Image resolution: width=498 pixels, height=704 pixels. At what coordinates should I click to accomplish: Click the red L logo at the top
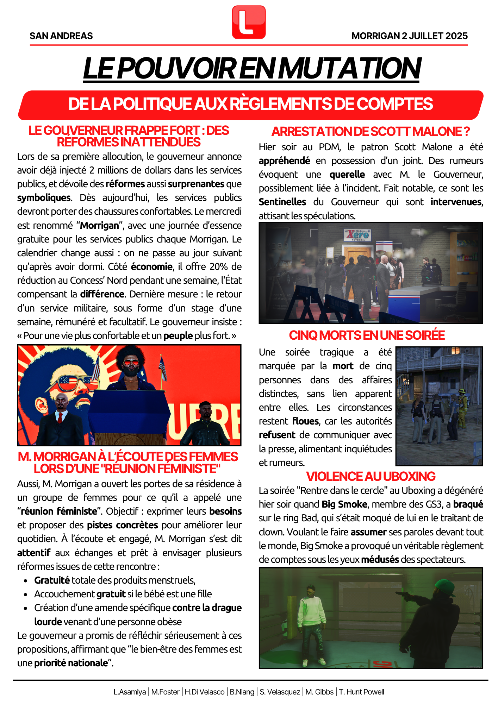249,22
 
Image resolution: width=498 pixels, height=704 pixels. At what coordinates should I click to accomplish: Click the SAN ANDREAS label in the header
61,36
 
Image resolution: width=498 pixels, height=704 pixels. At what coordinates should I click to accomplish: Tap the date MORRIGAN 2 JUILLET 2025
409,36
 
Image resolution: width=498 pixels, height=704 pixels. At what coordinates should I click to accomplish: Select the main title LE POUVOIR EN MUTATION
251,68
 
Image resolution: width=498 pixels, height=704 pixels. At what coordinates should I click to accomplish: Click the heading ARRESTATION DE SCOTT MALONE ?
371,132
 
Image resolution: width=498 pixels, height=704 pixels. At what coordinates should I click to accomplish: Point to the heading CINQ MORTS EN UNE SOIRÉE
367,335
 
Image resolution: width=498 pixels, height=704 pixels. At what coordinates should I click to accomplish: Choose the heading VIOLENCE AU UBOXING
371,476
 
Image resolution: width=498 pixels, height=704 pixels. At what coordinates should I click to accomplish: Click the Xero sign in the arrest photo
357,235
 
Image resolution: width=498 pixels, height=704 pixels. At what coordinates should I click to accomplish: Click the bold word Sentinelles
282,202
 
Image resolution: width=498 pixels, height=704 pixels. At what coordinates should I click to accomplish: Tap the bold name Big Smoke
344,504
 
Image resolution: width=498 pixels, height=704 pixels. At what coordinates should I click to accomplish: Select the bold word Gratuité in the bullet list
52,580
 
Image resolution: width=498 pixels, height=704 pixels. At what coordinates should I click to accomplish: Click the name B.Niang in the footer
242,692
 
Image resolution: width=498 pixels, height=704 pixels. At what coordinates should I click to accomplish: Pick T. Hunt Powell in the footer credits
361,692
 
